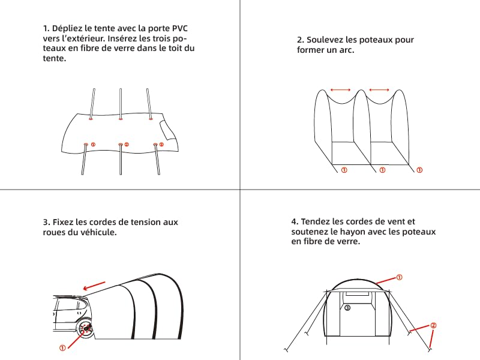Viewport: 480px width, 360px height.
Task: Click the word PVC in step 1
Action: [x=179, y=28]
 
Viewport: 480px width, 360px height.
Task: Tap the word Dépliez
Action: [x=67, y=28]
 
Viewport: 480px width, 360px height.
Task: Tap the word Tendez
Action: [x=315, y=221]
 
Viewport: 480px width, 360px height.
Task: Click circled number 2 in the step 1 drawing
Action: [x=127, y=145]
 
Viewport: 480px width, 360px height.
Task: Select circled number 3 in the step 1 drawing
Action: [x=161, y=145]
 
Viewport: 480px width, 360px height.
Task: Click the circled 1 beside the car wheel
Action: [x=62, y=348]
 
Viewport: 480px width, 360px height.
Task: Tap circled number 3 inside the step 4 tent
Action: [x=347, y=308]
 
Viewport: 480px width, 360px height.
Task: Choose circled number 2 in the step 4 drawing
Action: [x=433, y=325]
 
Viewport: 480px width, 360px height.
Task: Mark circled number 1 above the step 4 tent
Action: [x=399, y=277]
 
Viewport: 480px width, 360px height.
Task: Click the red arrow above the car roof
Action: [x=94, y=286]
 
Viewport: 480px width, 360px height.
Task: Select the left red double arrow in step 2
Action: [x=340, y=90]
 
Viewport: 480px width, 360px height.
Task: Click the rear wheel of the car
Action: [x=85, y=328]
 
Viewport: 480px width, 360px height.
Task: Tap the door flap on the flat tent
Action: [x=168, y=131]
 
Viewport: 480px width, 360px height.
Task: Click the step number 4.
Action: [x=294, y=221]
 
